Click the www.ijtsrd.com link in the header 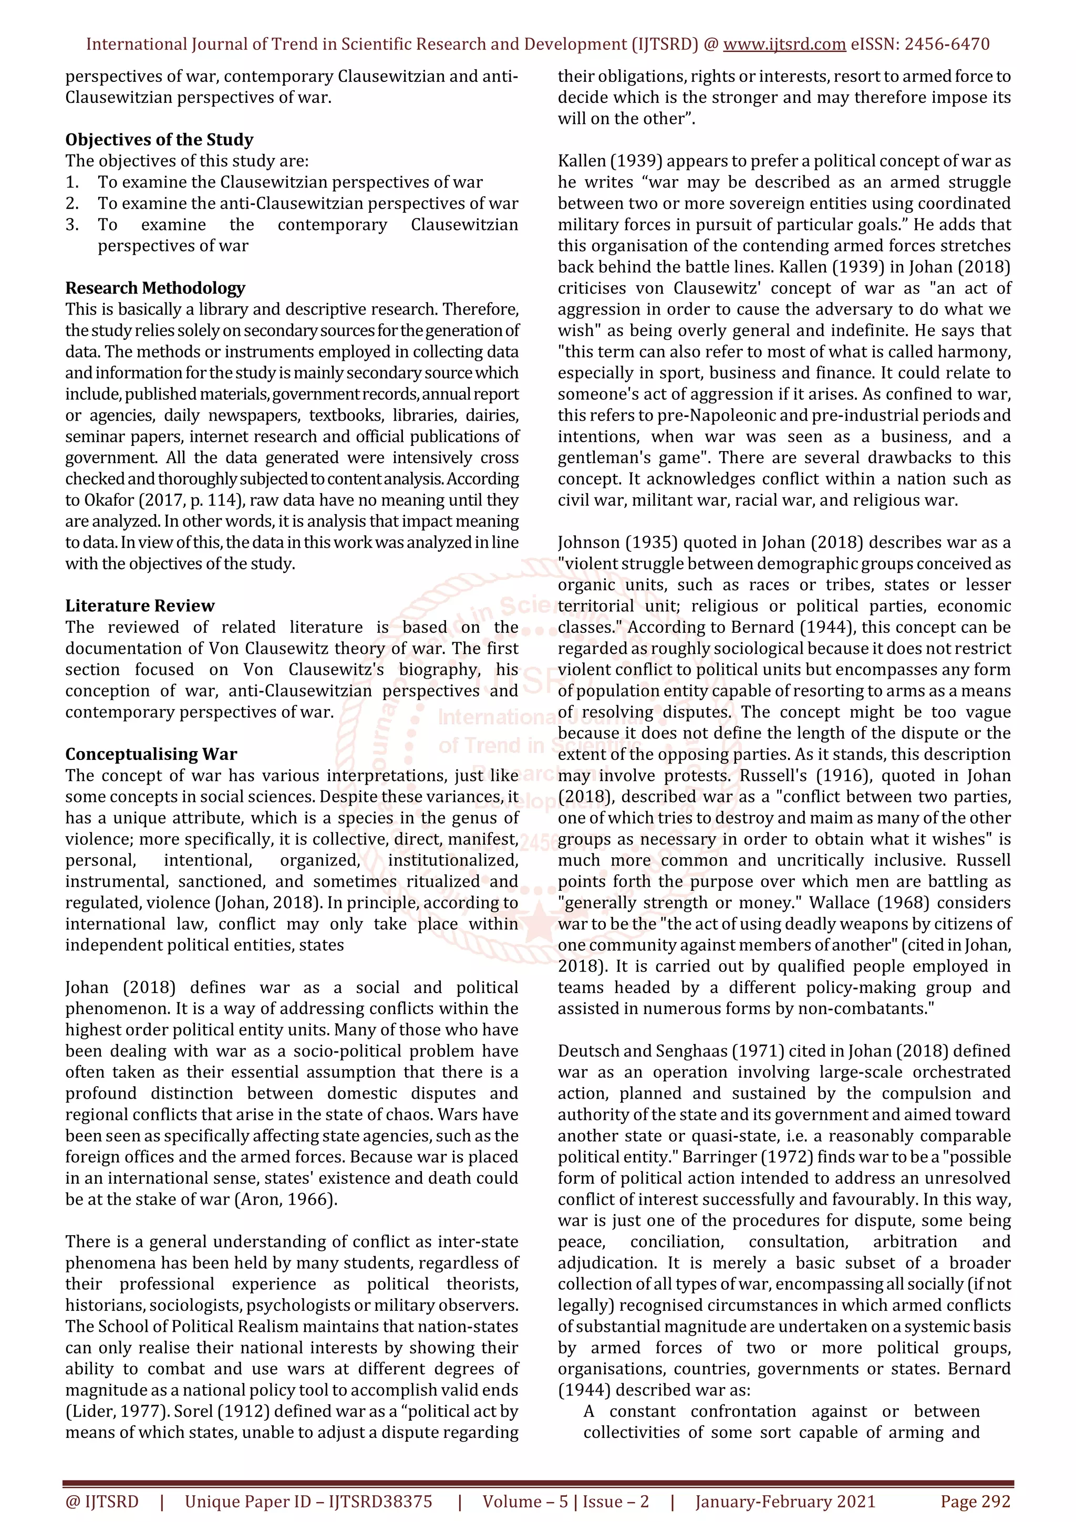click(784, 45)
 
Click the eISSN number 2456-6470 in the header click(947, 45)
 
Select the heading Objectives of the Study click(159, 140)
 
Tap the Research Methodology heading click(155, 288)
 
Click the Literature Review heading click(140, 606)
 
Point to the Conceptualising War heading click(151, 754)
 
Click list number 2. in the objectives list click(73, 203)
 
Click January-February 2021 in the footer click(785, 1502)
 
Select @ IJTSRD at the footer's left click(102, 1502)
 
